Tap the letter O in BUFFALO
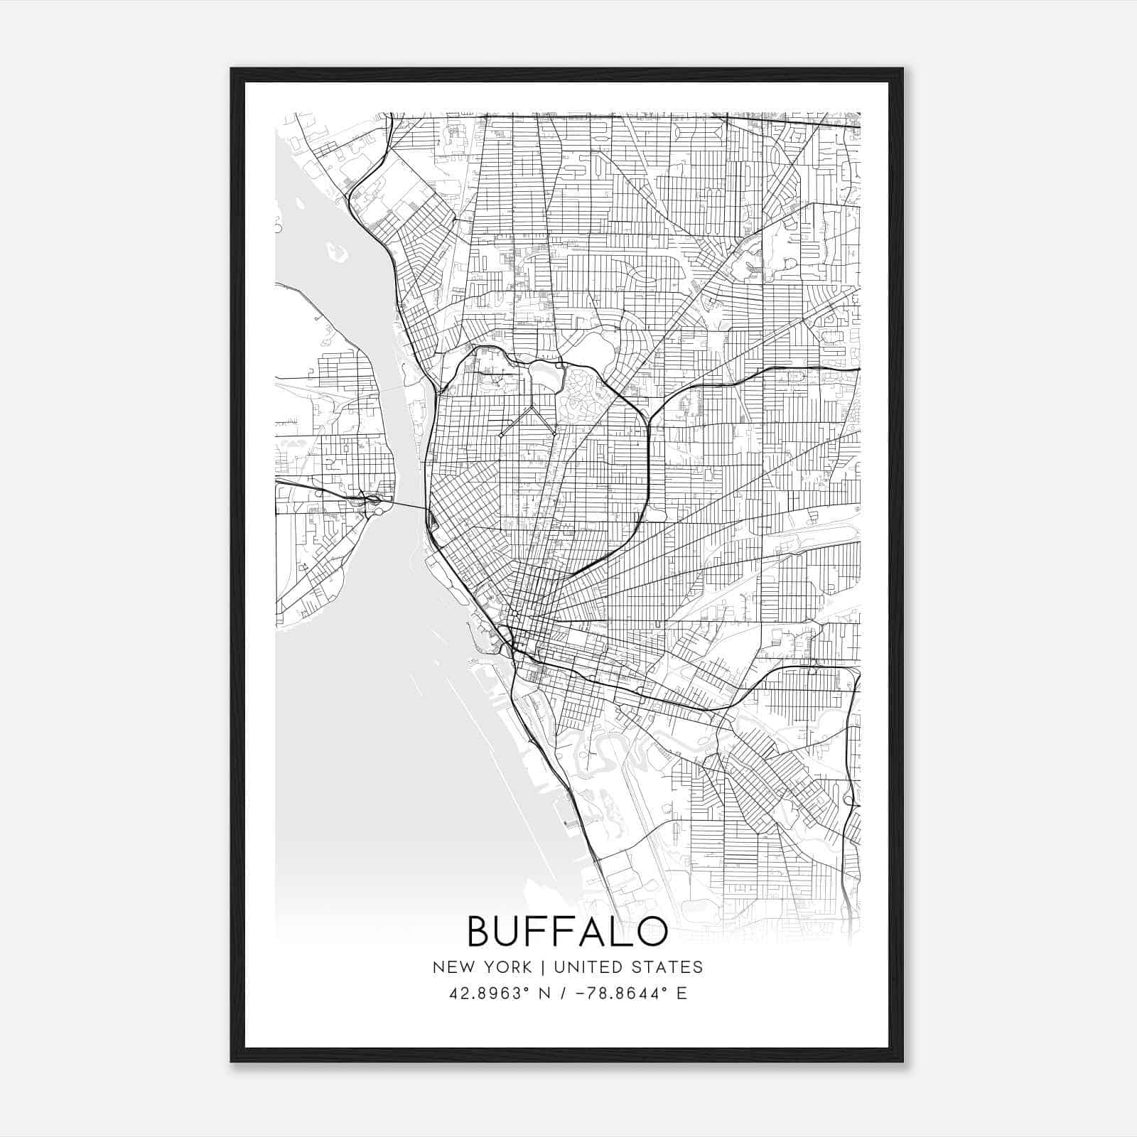pyautogui.click(x=652, y=932)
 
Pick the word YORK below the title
pyautogui.click(x=508, y=967)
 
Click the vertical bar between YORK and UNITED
pyautogui.click(x=543, y=967)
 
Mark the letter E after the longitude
pyautogui.click(x=682, y=993)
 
